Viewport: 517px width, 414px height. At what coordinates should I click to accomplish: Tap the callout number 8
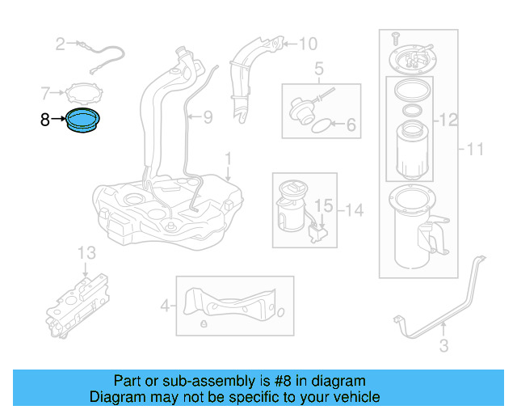(45, 120)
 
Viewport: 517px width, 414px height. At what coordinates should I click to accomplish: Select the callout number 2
(60, 44)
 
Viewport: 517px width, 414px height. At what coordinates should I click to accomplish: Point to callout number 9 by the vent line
(207, 118)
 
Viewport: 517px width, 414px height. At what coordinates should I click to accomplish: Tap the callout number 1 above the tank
(228, 156)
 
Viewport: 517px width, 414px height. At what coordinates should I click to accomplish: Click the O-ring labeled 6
(320, 126)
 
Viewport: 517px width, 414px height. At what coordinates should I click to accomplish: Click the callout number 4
(166, 306)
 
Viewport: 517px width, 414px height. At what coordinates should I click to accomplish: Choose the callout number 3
(443, 348)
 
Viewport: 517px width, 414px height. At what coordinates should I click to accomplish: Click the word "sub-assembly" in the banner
(194, 381)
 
